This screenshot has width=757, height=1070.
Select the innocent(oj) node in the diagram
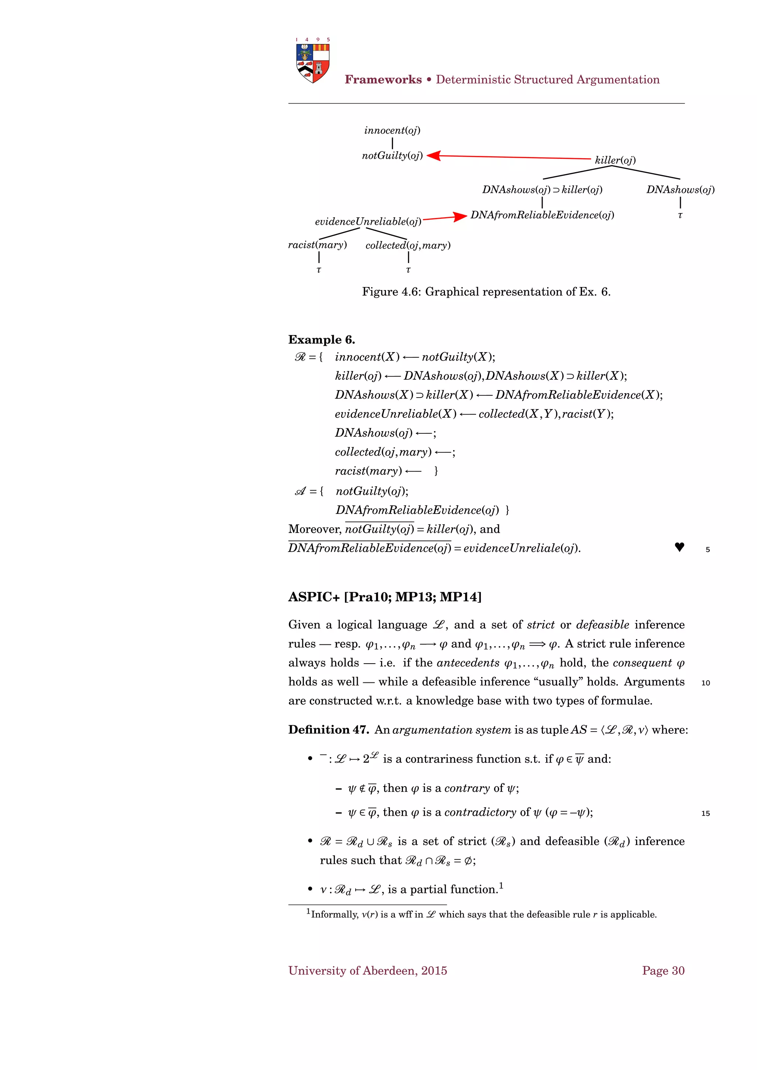click(x=392, y=130)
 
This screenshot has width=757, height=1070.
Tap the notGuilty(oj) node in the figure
click(x=392, y=156)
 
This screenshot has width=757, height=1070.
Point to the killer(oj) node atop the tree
click(x=615, y=160)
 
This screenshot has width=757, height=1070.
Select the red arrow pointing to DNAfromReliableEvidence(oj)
click(x=445, y=218)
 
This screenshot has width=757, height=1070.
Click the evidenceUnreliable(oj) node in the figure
click(x=368, y=221)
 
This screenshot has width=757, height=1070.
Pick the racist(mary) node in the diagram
click(x=317, y=245)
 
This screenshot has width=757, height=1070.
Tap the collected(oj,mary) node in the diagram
click(x=408, y=246)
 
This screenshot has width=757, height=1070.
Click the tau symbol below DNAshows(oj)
click(x=680, y=215)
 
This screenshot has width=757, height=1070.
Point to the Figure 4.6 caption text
click(x=486, y=292)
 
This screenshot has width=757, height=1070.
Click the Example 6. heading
click(x=321, y=340)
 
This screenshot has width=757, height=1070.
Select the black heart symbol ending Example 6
click(x=679, y=547)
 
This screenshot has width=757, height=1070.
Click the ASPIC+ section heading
click(x=384, y=597)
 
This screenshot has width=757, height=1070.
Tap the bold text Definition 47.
click(x=328, y=730)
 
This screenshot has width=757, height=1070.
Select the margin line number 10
click(x=705, y=683)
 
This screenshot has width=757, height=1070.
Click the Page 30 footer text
click(x=663, y=971)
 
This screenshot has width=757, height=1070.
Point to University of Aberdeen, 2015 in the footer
click(x=367, y=971)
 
